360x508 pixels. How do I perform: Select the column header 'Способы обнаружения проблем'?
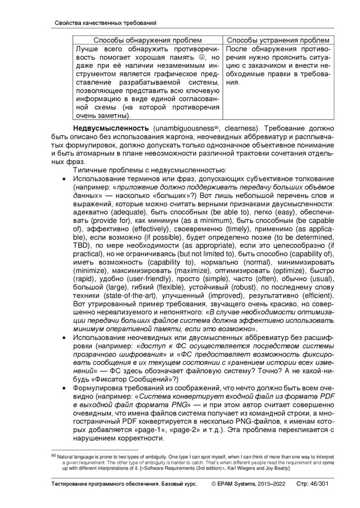pos(148,40)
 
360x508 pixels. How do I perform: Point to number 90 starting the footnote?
pos(54,455)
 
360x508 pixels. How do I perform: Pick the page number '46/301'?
pos(321,483)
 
